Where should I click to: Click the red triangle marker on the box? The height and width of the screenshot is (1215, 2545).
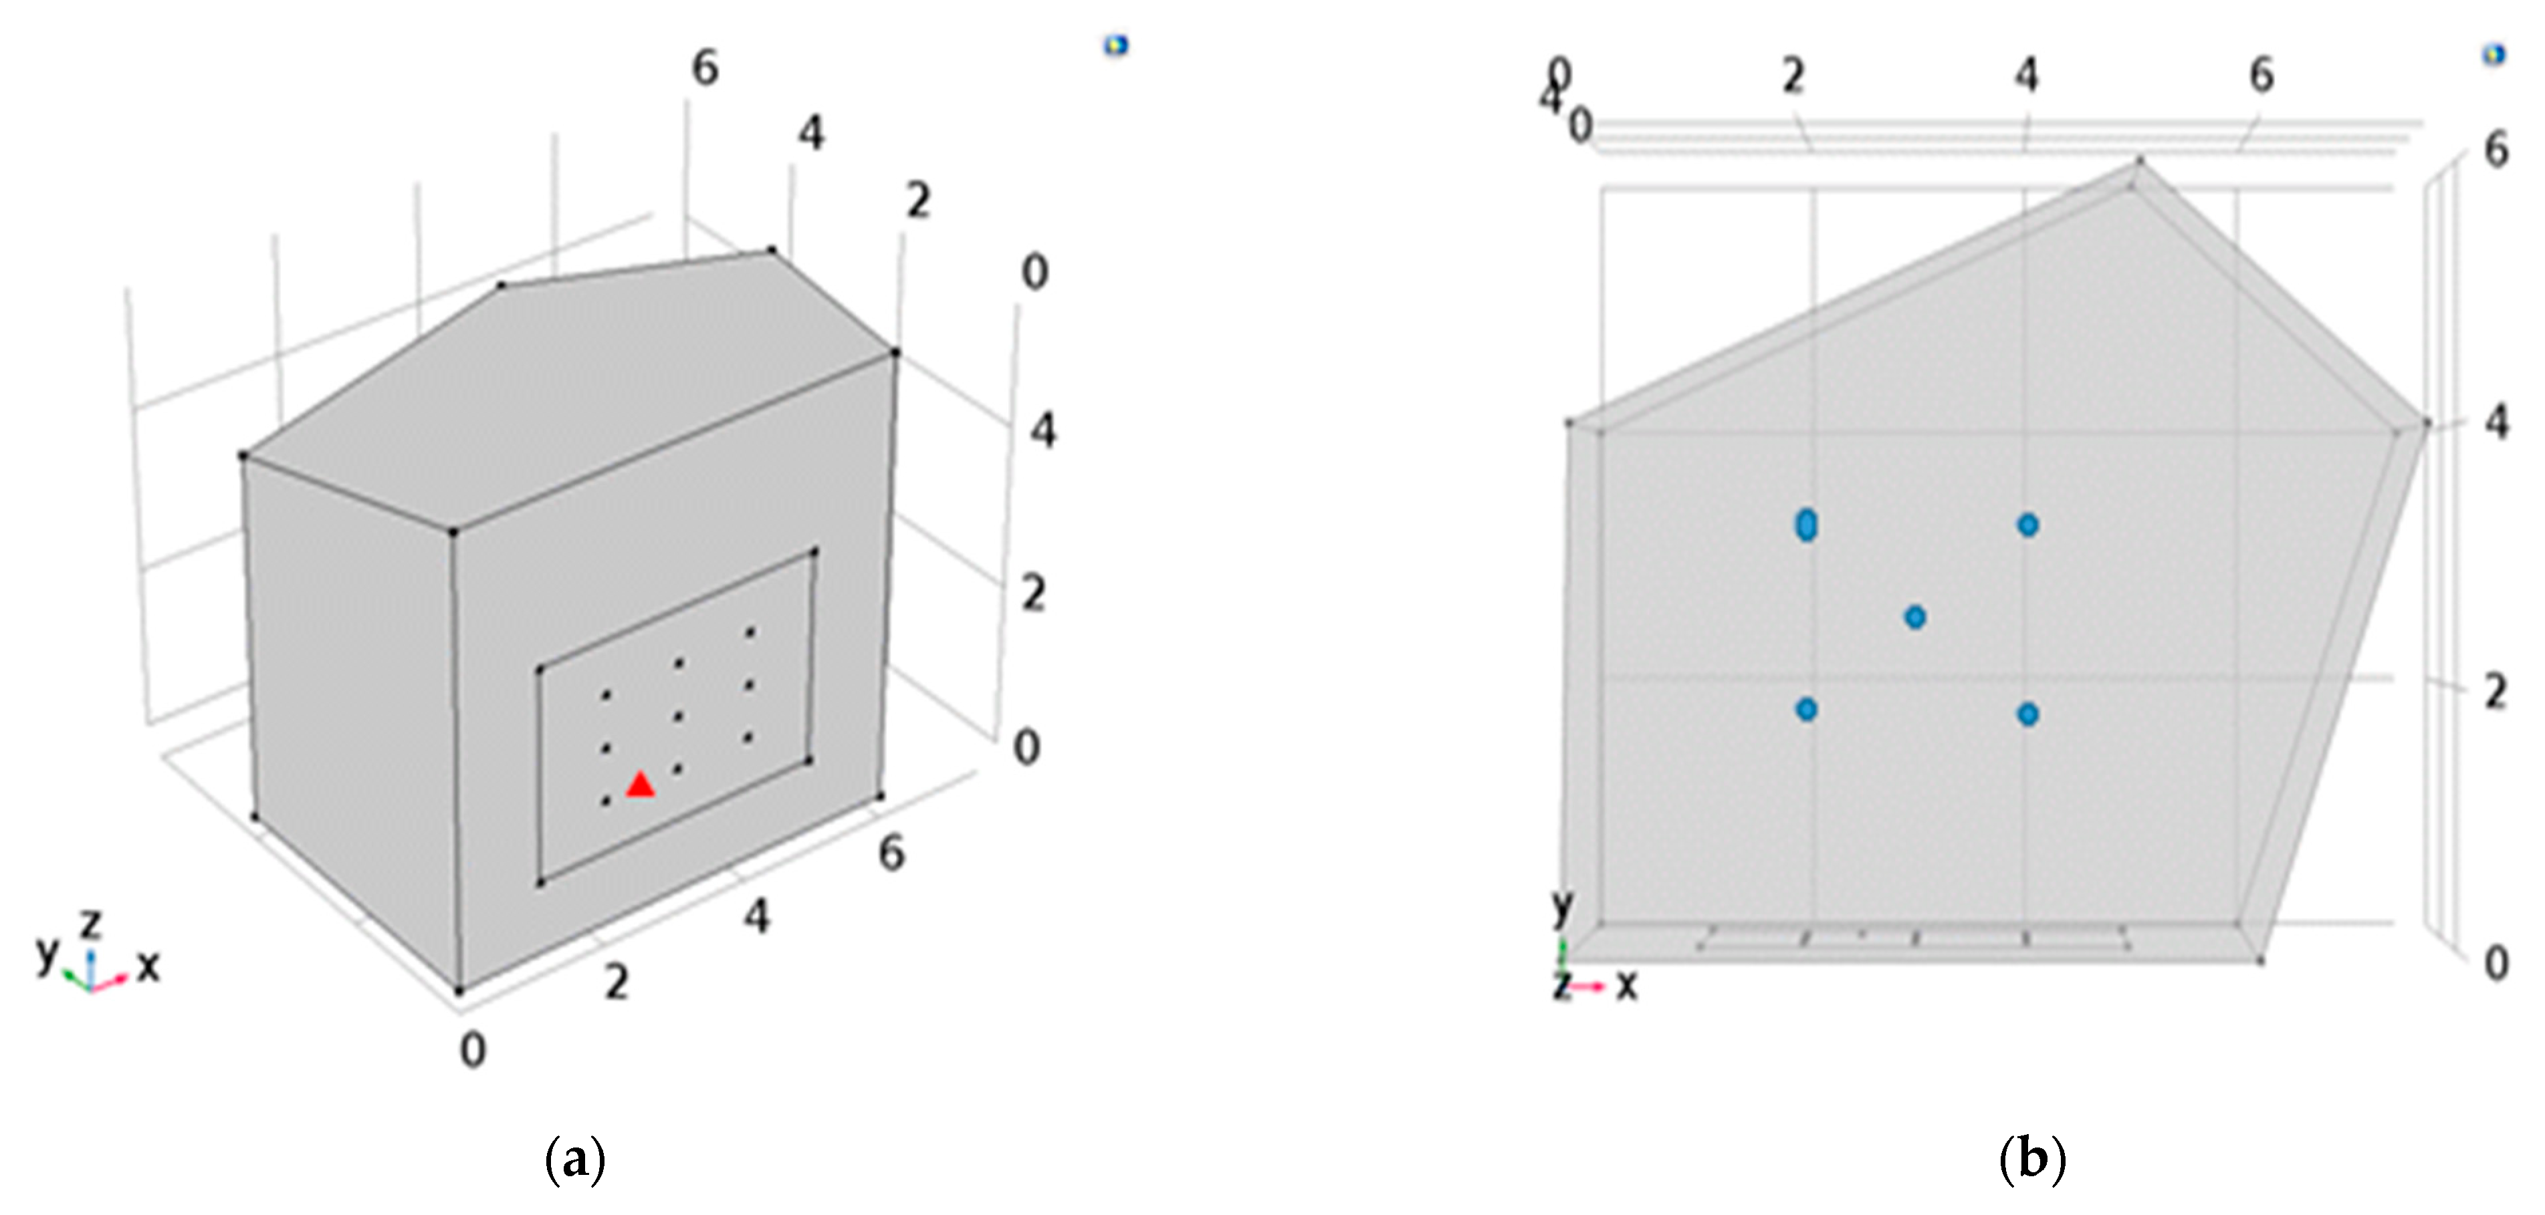click(640, 785)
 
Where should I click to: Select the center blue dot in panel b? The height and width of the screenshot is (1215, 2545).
click(1914, 618)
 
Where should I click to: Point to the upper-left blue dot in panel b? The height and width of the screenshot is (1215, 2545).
click(1806, 525)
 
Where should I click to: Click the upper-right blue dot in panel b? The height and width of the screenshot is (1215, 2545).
click(2027, 525)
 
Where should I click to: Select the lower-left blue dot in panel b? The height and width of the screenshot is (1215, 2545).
click(1806, 708)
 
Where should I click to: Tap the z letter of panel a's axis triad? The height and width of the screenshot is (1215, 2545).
click(91, 924)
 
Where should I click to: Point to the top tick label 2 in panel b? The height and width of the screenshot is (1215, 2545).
click(1793, 76)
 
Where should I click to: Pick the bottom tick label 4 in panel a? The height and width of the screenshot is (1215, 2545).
click(756, 918)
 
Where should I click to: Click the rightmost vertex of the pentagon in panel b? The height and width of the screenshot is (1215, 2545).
click(2427, 423)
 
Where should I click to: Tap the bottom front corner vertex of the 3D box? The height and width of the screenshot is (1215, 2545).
click(459, 990)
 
